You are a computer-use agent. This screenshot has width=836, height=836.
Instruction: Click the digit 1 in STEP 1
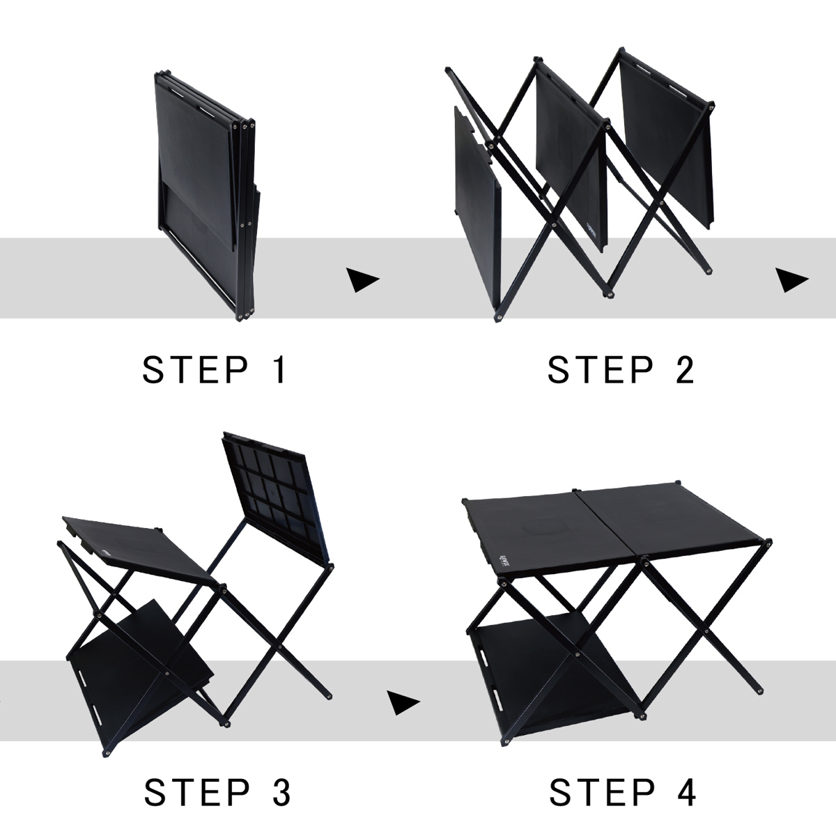tap(280, 369)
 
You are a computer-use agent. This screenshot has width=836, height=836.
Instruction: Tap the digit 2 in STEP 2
tap(685, 369)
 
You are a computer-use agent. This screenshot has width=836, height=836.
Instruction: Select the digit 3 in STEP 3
tap(281, 793)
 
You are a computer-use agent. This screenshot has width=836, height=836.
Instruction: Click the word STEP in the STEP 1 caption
tap(195, 369)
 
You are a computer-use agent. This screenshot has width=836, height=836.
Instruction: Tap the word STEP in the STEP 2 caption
tap(601, 369)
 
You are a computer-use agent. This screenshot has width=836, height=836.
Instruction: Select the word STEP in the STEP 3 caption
tap(196, 793)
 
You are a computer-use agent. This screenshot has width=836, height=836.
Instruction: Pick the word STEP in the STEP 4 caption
tap(602, 793)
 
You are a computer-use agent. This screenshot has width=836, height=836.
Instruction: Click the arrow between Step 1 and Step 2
tap(362, 280)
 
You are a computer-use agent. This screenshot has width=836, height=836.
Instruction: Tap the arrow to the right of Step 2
tap(791, 280)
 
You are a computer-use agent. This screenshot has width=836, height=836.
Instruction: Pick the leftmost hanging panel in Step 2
tap(477, 206)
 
